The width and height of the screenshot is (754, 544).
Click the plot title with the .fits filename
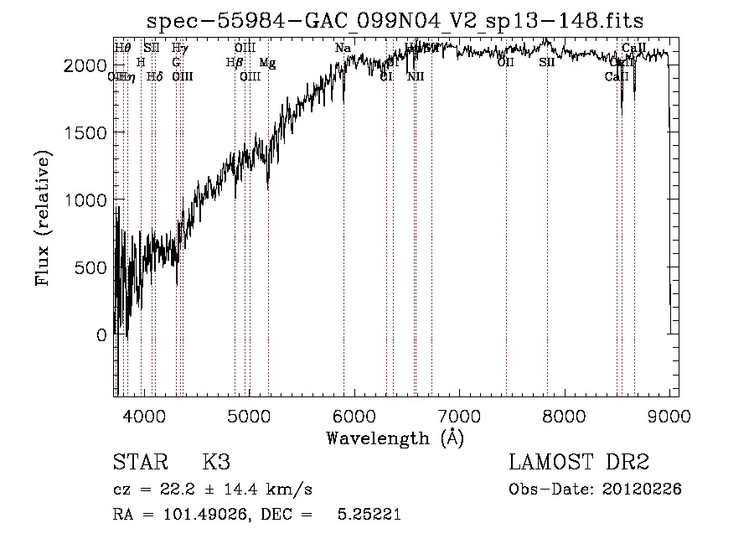pyautogui.click(x=395, y=20)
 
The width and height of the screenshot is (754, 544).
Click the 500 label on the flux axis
pyautogui.click(x=91, y=267)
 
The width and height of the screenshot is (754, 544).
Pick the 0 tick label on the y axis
pyautogui.click(x=101, y=335)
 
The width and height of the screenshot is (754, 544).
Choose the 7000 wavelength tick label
pyautogui.click(x=459, y=414)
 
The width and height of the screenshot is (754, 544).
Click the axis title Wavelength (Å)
pyautogui.click(x=395, y=438)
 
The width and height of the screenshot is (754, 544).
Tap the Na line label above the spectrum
pyautogui.click(x=343, y=49)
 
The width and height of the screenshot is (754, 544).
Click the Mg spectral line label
pyautogui.click(x=267, y=63)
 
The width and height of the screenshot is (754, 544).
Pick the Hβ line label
pyautogui.click(x=235, y=63)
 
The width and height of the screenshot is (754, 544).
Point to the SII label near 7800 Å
pyautogui.click(x=547, y=63)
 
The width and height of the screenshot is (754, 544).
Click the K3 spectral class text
pyautogui.click(x=216, y=463)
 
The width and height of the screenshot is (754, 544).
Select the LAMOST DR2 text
pyautogui.click(x=579, y=463)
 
